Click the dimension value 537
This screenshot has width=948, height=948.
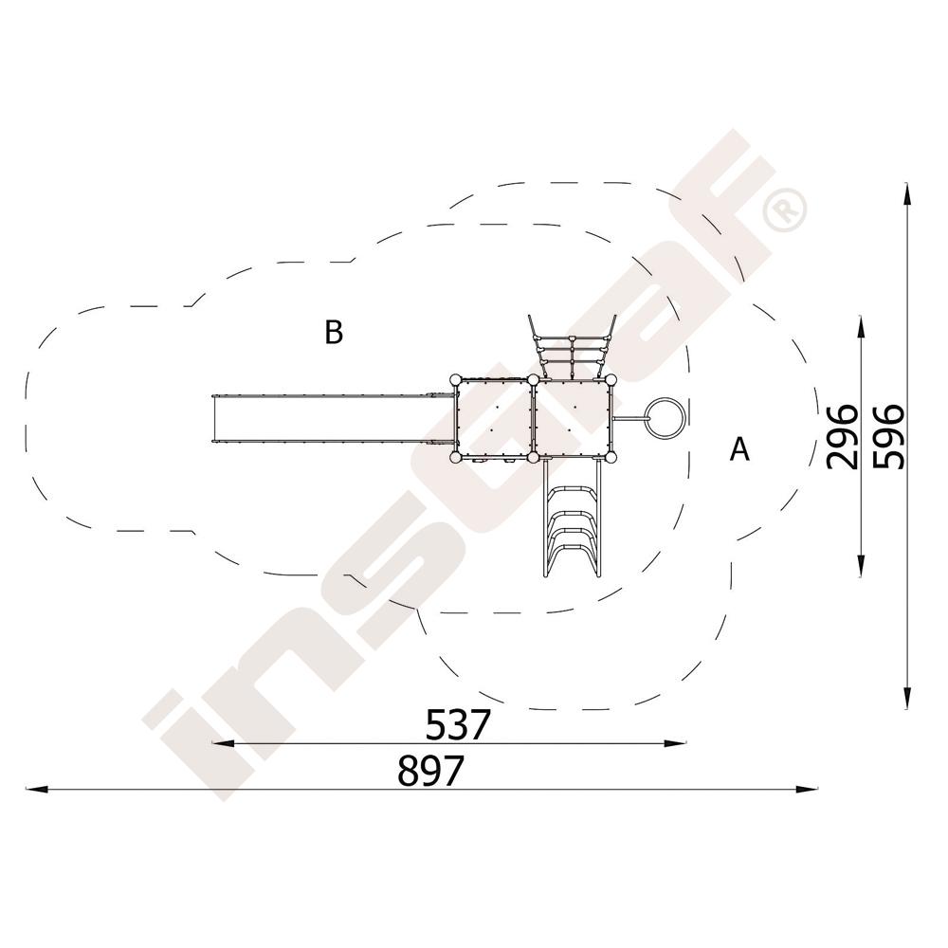[457, 724]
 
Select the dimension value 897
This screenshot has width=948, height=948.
[430, 770]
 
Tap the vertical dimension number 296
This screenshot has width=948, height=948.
[842, 437]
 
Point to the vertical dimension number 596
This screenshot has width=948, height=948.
[889, 436]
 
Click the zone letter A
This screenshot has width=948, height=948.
[740, 448]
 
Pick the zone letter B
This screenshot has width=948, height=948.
[334, 332]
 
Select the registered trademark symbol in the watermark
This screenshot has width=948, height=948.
[784, 210]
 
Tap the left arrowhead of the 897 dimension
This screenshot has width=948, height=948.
[36, 789]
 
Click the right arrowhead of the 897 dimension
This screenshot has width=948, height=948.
[807, 789]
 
